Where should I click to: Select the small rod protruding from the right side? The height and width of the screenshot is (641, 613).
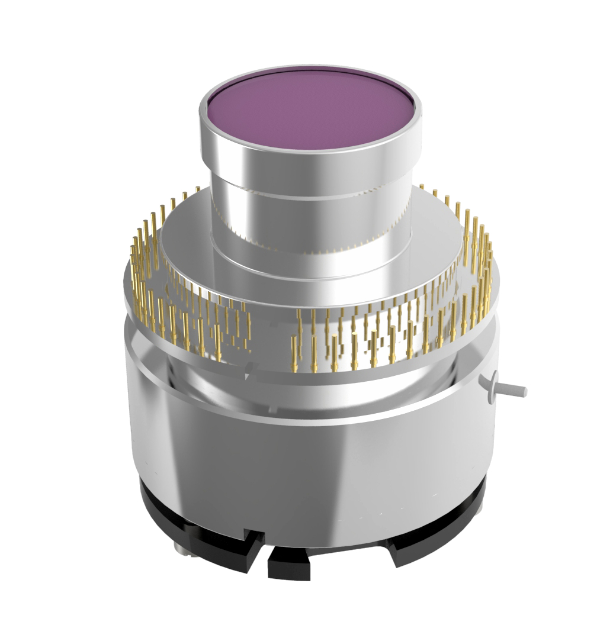(513, 391)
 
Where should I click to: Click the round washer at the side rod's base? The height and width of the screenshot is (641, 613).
(491, 388)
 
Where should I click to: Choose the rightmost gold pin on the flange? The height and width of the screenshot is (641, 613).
(490, 260)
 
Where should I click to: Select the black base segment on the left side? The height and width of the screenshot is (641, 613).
(178, 521)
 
